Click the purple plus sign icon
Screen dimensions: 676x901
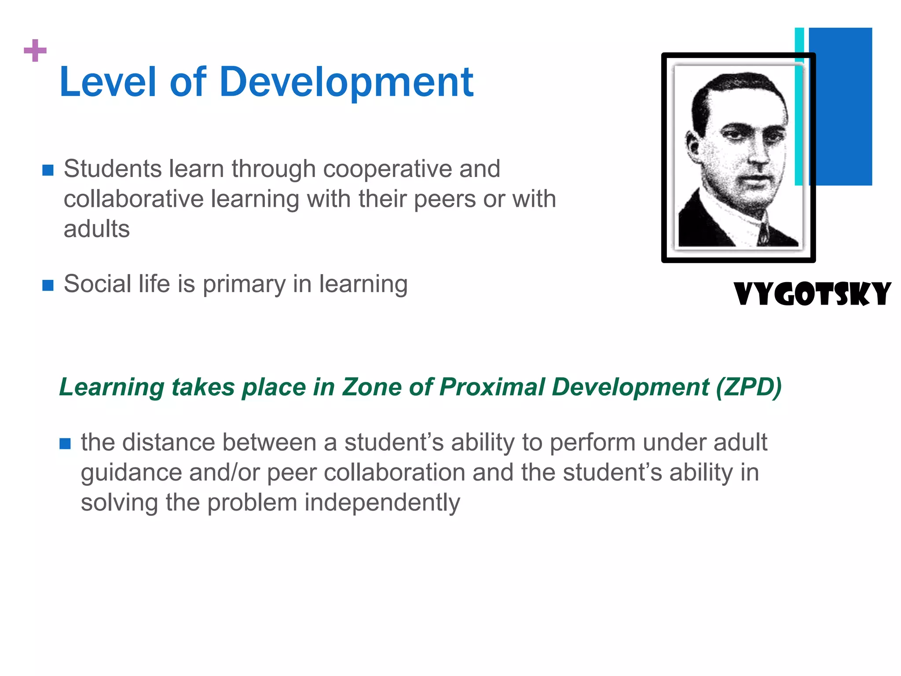coord(35,51)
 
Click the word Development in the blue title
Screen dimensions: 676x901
coord(346,82)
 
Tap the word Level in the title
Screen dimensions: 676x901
coord(108,82)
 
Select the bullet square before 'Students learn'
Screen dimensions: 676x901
coord(48,170)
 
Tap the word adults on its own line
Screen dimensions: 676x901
coord(97,229)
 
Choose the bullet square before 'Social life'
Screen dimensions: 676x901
coord(48,285)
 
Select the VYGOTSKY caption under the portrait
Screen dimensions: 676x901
coord(812,294)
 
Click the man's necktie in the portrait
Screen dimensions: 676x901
coord(764,231)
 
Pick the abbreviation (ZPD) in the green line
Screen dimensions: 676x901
coord(748,387)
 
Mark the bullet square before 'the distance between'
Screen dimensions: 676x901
coord(65,444)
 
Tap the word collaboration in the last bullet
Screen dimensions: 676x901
coord(395,473)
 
